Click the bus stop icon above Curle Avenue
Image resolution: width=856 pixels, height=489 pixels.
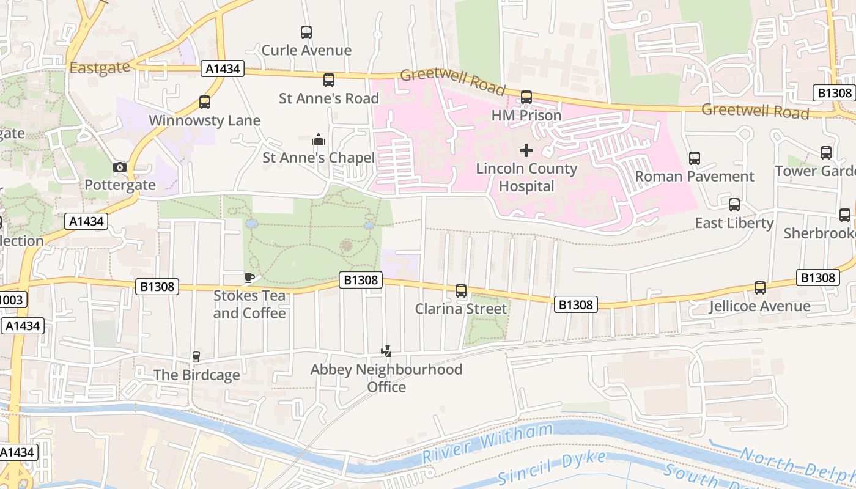(x=306, y=32)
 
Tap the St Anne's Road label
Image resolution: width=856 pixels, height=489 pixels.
(x=329, y=98)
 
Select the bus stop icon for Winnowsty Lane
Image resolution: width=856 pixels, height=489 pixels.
(x=205, y=102)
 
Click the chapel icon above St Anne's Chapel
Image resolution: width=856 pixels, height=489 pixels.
(x=319, y=140)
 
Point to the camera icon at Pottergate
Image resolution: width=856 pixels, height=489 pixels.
(x=120, y=167)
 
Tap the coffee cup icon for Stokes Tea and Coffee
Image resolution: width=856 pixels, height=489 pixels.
(x=249, y=278)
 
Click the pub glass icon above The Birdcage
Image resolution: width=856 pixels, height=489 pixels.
(x=196, y=357)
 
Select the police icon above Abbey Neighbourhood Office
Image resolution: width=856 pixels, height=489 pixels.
(x=386, y=351)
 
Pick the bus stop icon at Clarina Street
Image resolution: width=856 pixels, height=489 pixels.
(x=461, y=291)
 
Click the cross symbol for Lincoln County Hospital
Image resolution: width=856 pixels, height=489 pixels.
(x=526, y=150)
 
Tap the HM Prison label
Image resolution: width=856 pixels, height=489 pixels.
(x=526, y=115)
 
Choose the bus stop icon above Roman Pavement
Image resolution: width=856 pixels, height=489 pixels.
(x=694, y=158)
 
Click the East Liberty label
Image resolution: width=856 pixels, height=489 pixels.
(x=734, y=223)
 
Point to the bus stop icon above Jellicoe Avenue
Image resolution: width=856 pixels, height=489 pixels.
(x=760, y=288)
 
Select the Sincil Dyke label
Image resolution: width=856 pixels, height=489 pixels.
(x=552, y=469)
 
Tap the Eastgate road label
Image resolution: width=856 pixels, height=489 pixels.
(x=100, y=67)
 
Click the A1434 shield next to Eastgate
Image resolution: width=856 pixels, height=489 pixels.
(x=223, y=69)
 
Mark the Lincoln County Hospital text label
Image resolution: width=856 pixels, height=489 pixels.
(x=526, y=177)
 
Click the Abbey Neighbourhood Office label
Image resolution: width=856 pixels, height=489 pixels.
(x=386, y=378)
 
